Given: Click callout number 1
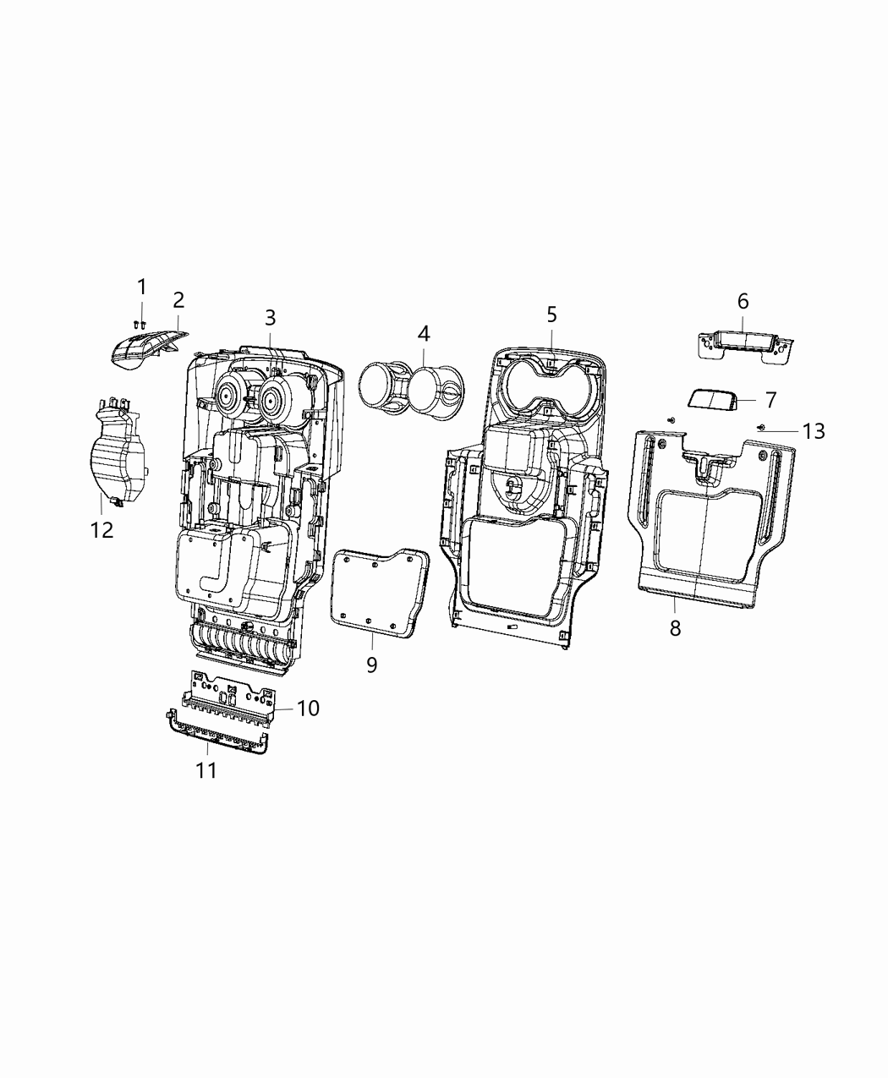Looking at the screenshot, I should (x=142, y=287).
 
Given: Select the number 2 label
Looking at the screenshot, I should (x=178, y=300).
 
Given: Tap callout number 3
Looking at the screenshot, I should (x=270, y=318).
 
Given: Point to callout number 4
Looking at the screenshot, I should (x=423, y=334).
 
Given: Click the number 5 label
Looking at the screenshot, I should (x=551, y=315).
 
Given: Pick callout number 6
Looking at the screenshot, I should (x=743, y=301).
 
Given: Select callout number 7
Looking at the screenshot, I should (x=770, y=399).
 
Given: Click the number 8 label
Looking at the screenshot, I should (x=675, y=628).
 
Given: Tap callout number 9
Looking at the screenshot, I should (x=372, y=665).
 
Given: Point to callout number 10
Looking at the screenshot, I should (x=308, y=708).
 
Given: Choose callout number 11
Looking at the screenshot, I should (x=206, y=770).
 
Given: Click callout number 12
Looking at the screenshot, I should (x=101, y=530).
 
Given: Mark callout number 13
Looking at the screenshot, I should (x=813, y=432).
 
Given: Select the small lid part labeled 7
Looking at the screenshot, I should (x=712, y=399).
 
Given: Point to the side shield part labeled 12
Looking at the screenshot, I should (x=114, y=457).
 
